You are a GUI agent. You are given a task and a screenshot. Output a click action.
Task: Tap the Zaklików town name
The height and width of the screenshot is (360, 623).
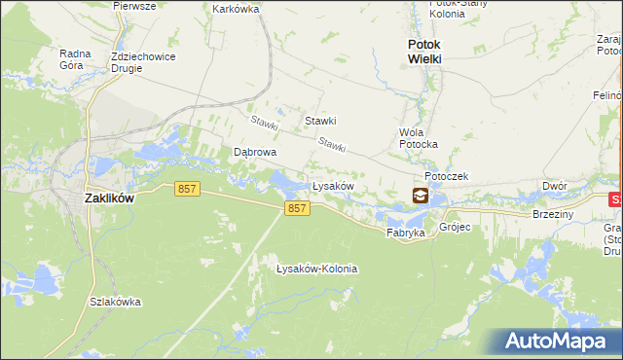109,198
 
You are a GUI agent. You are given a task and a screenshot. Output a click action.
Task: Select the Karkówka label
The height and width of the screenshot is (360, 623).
235,8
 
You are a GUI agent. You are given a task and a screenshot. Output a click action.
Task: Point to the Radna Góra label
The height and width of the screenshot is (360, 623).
75,59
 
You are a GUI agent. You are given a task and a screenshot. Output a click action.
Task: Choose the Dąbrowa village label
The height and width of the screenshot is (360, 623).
255,153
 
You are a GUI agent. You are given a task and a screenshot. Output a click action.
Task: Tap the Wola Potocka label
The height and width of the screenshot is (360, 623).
419,138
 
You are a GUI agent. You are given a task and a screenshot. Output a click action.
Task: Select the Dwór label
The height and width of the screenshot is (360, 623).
554,186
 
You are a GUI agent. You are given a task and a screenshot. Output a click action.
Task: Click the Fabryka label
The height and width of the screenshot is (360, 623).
405,234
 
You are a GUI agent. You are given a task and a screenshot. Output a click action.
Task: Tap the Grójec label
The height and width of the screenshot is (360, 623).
455,227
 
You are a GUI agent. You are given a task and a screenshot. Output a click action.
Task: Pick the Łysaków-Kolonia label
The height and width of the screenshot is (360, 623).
316,269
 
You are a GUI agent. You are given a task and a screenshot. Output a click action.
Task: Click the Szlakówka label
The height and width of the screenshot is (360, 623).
115,302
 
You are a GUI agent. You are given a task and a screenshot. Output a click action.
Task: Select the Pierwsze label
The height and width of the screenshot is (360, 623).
134,5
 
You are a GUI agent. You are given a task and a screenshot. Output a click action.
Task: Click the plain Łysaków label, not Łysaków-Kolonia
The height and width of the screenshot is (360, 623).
331,185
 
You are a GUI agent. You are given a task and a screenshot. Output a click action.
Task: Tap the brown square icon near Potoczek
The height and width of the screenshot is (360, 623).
420,196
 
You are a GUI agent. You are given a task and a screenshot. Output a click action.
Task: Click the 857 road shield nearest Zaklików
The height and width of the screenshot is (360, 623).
189,189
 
